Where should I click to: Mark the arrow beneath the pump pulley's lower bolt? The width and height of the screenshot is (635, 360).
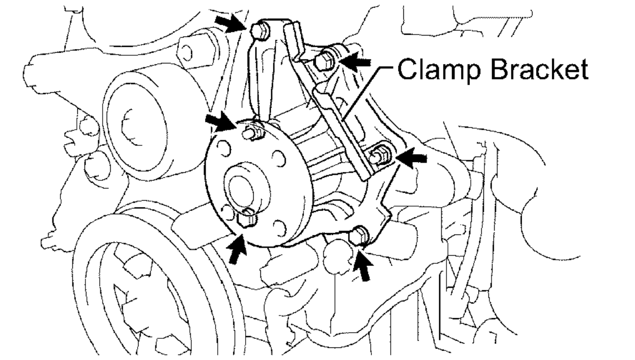tap(238, 249)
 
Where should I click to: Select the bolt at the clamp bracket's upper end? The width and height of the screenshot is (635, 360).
tap(323, 61)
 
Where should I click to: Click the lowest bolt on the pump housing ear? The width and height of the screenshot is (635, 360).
tap(359, 235)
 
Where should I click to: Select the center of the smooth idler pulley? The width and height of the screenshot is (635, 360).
tap(135, 126)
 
